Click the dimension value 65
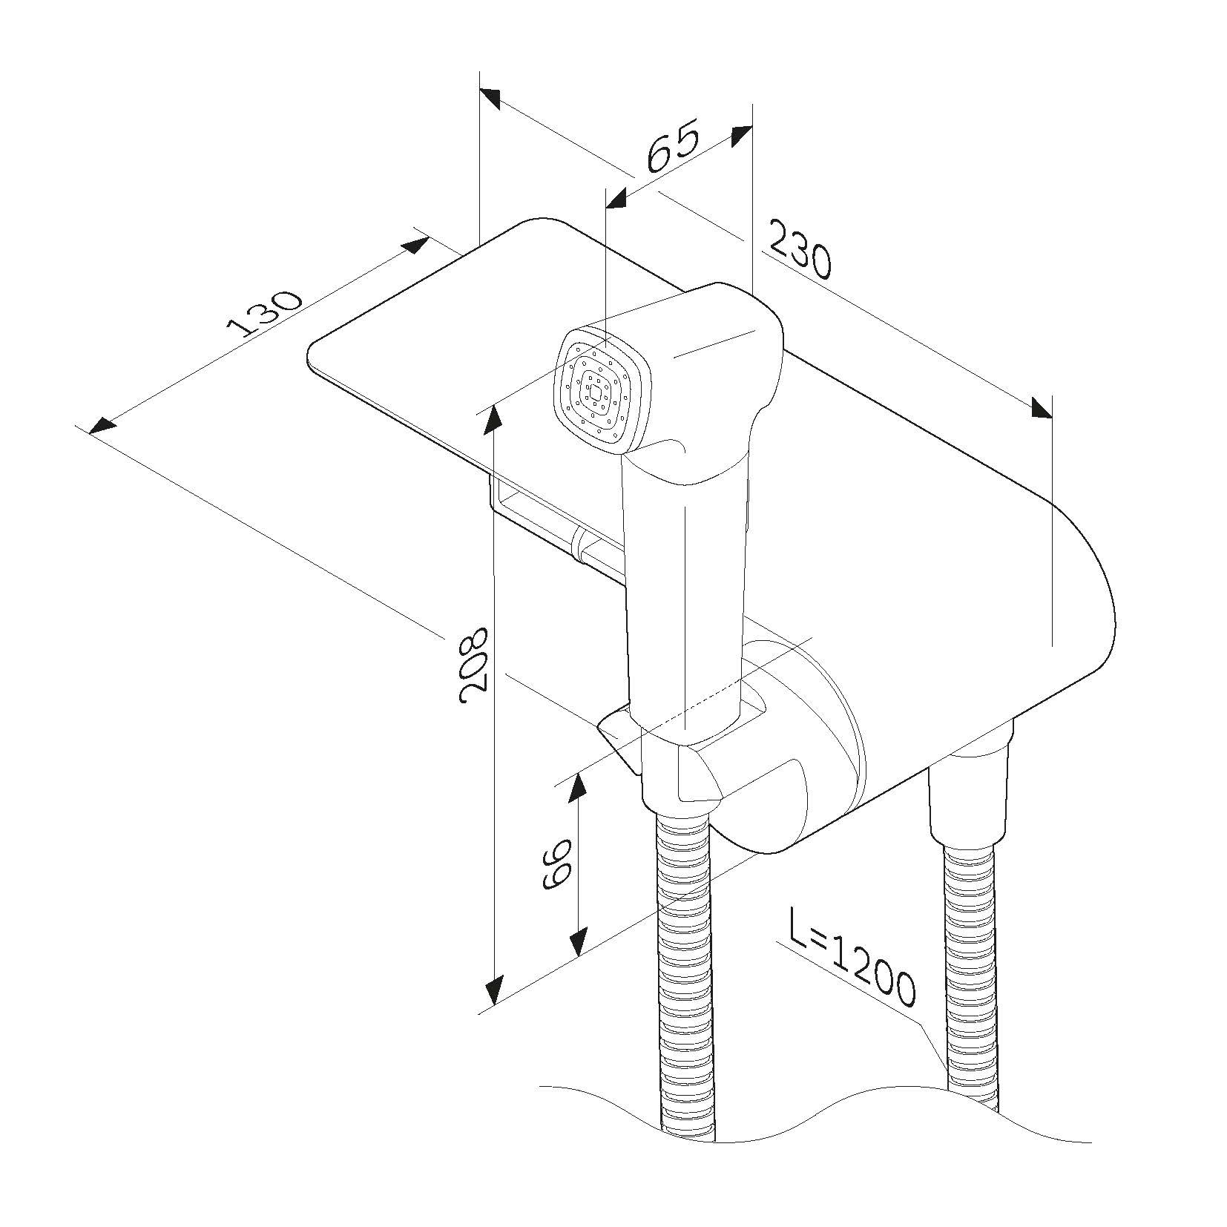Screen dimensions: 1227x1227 pos(672,146)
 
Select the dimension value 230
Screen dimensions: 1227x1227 pos(798,250)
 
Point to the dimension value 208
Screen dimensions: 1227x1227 pos(473,665)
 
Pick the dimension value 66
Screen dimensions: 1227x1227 pos(556,864)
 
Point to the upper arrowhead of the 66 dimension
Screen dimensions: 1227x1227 pos(578,788)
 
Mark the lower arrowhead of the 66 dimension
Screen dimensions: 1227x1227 pos(578,943)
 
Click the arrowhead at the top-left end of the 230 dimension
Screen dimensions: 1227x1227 pos(490,99)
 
